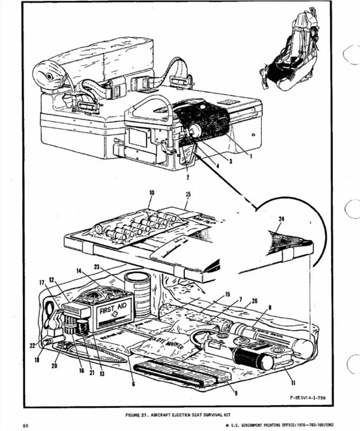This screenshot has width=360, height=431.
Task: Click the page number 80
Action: (x=26, y=425)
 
